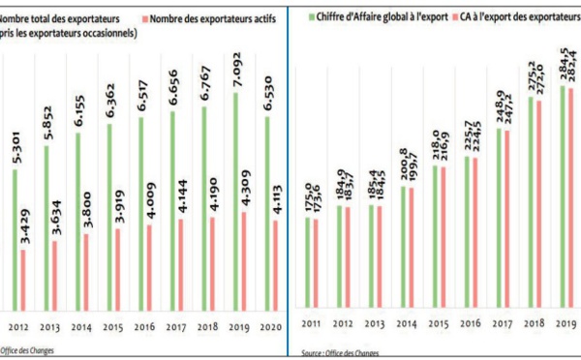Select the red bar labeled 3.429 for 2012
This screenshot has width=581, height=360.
tap(23, 280)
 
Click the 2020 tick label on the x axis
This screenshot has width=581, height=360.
tap(270, 327)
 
